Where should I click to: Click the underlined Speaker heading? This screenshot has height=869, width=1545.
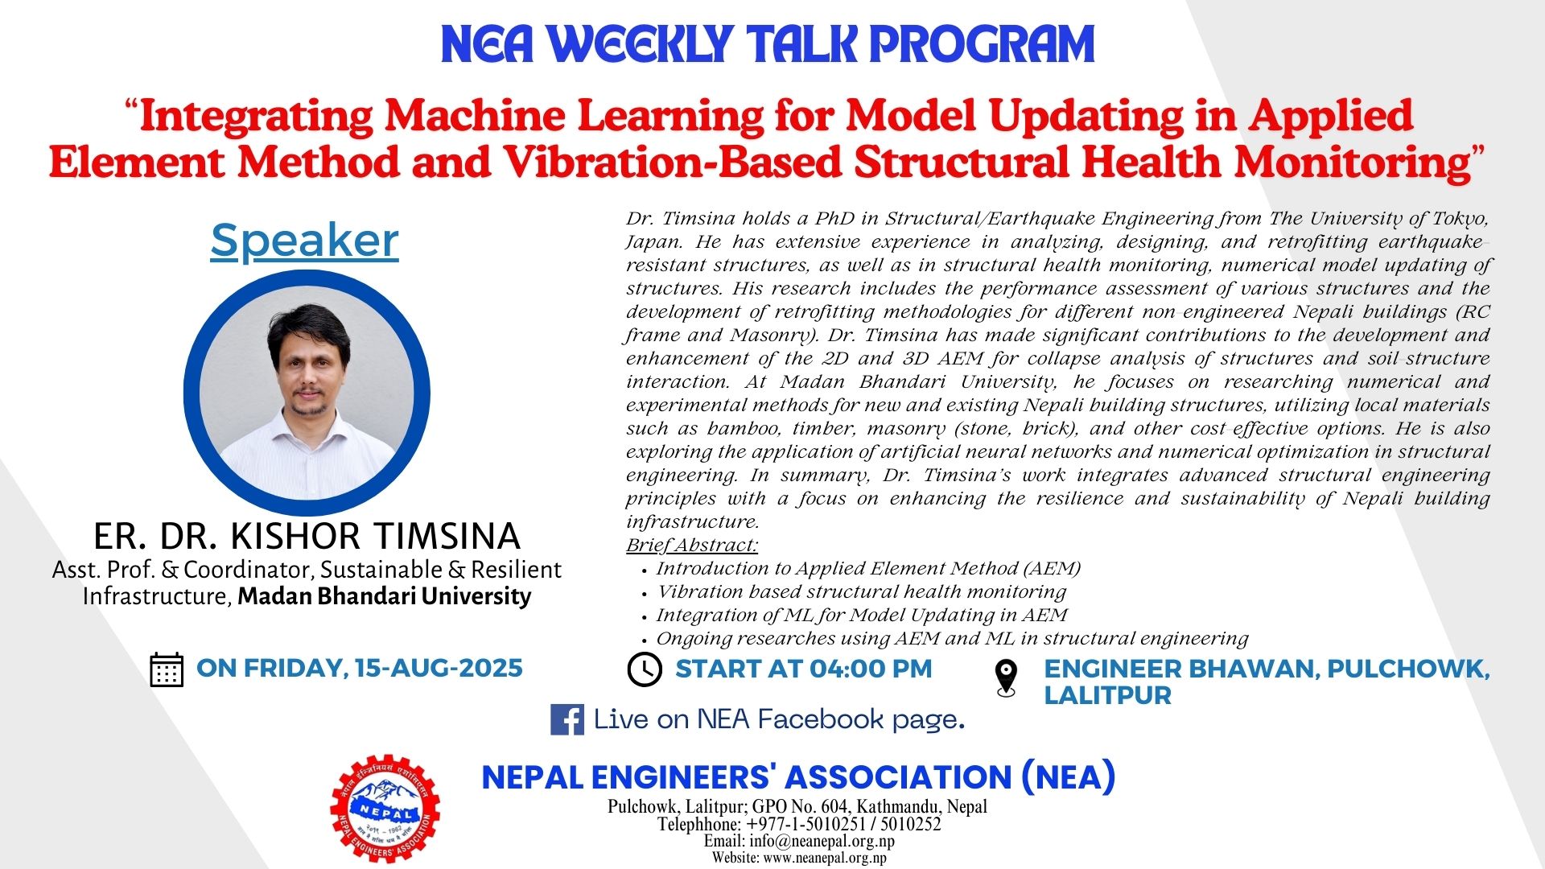(x=304, y=241)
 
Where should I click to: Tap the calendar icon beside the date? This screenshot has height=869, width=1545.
(x=167, y=669)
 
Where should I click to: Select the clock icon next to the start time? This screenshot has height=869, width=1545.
(x=644, y=669)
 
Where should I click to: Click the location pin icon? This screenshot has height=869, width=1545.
(x=1006, y=677)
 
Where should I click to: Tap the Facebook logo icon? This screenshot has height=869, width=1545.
(x=566, y=719)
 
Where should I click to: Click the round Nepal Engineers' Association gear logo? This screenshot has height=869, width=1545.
(x=385, y=809)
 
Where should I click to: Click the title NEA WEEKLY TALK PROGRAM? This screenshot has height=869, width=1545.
(x=768, y=45)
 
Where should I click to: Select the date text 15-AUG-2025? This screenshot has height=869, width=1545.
(x=439, y=668)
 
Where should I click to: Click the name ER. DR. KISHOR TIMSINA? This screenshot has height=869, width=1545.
(x=307, y=536)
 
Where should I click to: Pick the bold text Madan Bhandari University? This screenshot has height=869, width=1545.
(x=384, y=596)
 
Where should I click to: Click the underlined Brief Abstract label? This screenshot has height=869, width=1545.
(x=692, y=545)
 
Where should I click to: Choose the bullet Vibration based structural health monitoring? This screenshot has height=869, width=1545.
(x=861, y=591)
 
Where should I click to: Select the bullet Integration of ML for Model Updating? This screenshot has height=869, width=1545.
(x=862, y=615)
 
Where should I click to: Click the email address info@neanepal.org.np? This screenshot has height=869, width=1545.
(x=822, y=841)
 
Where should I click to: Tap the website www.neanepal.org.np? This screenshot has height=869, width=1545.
(x=825, y=858)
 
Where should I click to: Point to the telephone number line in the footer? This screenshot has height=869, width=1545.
(x=799, y=824)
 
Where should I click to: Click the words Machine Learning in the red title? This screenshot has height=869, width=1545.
(x=574, y=116)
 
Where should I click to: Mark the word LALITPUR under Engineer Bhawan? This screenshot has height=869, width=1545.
(x=1107, y=695)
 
